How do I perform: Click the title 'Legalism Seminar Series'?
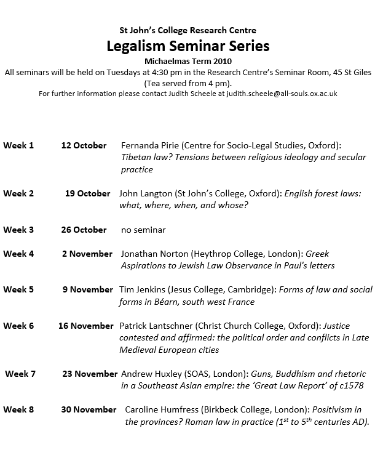coord(188,46)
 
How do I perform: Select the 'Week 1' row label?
coord(18,145)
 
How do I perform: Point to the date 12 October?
coord(84,145)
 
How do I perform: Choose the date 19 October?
coord(88,193)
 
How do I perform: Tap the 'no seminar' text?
coord(143,230)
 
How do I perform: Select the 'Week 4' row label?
coord(18,254)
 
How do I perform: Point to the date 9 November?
coord(88,289)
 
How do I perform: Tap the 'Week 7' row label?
coord(21,374)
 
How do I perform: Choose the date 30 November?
coord(89,409)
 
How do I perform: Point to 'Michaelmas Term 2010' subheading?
coord(188,62)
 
